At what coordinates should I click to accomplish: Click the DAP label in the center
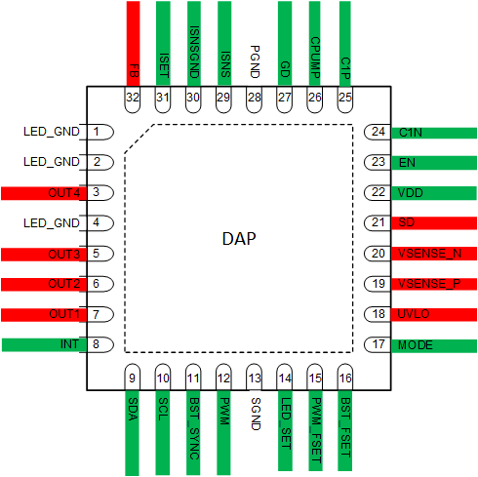tap(238, 239)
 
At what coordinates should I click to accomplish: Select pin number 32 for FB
tap(134, 98)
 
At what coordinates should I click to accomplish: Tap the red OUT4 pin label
tap(62, 193)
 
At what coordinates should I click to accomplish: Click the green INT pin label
tap(69, 344)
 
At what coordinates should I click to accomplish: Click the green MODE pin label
tap(416, 345)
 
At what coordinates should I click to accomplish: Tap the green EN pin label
tap(407, 163)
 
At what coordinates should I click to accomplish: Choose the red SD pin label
tap(407, 223)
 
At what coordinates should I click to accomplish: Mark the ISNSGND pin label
tap(194, 54)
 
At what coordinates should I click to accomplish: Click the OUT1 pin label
tap(62, 314)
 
